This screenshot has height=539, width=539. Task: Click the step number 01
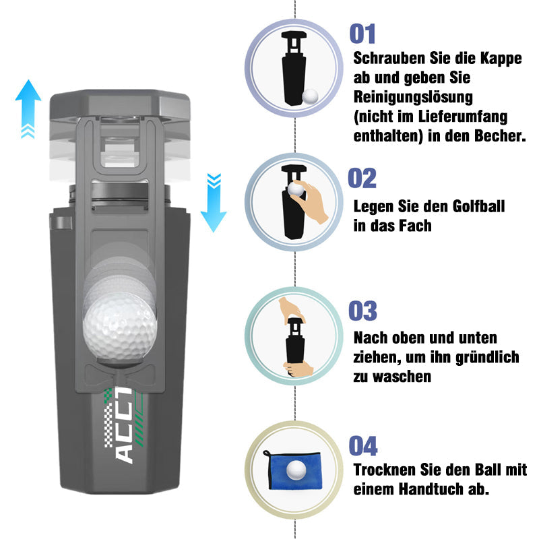coord(362,34)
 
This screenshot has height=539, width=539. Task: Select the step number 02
coord(362,178)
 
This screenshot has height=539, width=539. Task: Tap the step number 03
coord(362,311)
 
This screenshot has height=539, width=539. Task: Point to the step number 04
coord(363,445)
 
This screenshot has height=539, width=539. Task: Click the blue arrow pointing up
coord(28,109)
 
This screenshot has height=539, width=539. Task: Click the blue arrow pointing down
coord(214,203)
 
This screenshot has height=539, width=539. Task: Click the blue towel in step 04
coord(293,470)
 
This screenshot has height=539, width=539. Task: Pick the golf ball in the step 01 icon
coord(310,96)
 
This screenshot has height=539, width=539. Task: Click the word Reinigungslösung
coord(413,98)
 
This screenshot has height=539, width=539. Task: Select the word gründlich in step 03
coord(487,358)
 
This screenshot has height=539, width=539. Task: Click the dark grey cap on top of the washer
coord(120,105)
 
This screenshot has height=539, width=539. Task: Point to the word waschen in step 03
coord(392,377)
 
